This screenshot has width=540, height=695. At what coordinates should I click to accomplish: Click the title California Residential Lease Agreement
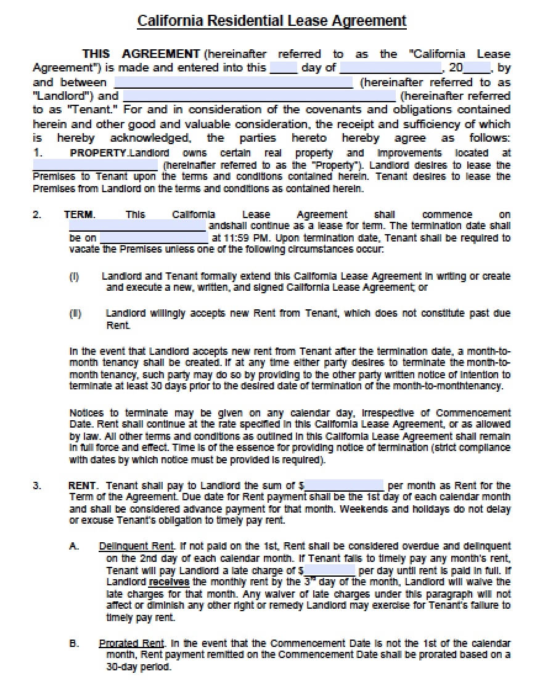coord(271,22)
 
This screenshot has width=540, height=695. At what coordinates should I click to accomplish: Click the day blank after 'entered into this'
coord(284,68)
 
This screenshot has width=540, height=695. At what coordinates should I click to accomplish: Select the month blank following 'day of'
coord(390,68)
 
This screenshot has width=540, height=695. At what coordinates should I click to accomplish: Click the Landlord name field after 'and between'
coord(234,83)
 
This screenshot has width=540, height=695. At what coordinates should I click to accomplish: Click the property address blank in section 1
coord(95,166)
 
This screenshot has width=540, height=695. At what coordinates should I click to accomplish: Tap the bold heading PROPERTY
coord(99,153)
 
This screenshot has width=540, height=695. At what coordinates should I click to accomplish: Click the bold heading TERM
coord(79,214)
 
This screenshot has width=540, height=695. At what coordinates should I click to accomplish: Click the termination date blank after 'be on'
coord(153,238)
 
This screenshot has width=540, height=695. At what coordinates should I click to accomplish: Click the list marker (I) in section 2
coord(73,277)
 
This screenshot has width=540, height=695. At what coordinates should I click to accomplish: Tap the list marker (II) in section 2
coord(75,314)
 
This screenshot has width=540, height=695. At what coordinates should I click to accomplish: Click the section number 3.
coord(36,486)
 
